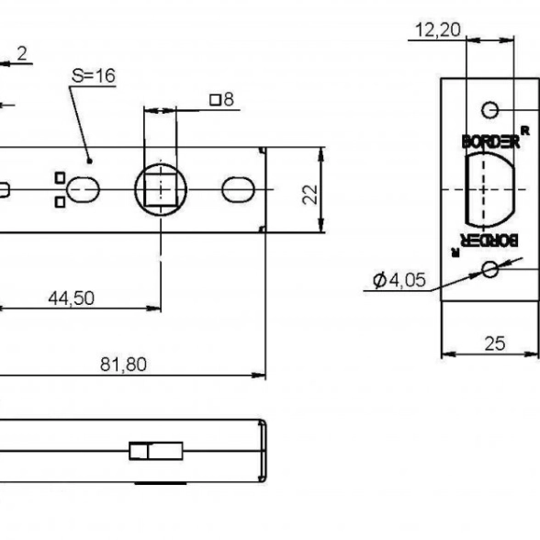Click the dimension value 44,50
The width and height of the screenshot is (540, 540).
click(x=72, y=298)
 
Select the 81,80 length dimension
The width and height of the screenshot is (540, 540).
click(x=123, y=364)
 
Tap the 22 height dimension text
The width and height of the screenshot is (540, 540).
click(x=310, y=195)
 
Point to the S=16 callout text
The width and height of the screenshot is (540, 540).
click(x=94, y=75)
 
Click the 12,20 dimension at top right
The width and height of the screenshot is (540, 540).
click(x=438, y=29)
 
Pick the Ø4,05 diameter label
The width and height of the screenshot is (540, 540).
click(x=399, y=279)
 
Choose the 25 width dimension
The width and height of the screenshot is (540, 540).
click(x=495, y=343)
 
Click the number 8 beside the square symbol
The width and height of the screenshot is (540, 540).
click(x=229, y=99)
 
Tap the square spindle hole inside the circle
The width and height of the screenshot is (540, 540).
click(x=161, y=189)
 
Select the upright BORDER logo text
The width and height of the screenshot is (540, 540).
click(x=490, y=141)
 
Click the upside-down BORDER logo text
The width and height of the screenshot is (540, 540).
click(x=489, y=240)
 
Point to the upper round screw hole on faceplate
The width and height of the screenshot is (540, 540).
click(x=489, y=110)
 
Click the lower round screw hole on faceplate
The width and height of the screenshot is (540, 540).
click(x=489, y=269)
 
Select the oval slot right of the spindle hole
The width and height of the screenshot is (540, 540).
click(x=239, y=189)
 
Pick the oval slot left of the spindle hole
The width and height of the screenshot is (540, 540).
click(x=83, y=189)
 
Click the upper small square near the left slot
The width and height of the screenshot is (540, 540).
click(x=60, y=178)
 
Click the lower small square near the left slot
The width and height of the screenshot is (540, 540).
click(x=60, y=202)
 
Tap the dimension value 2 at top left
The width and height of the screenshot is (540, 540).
click(x=22, y=54)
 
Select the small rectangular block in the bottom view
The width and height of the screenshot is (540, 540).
click(x=156, y=451)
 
